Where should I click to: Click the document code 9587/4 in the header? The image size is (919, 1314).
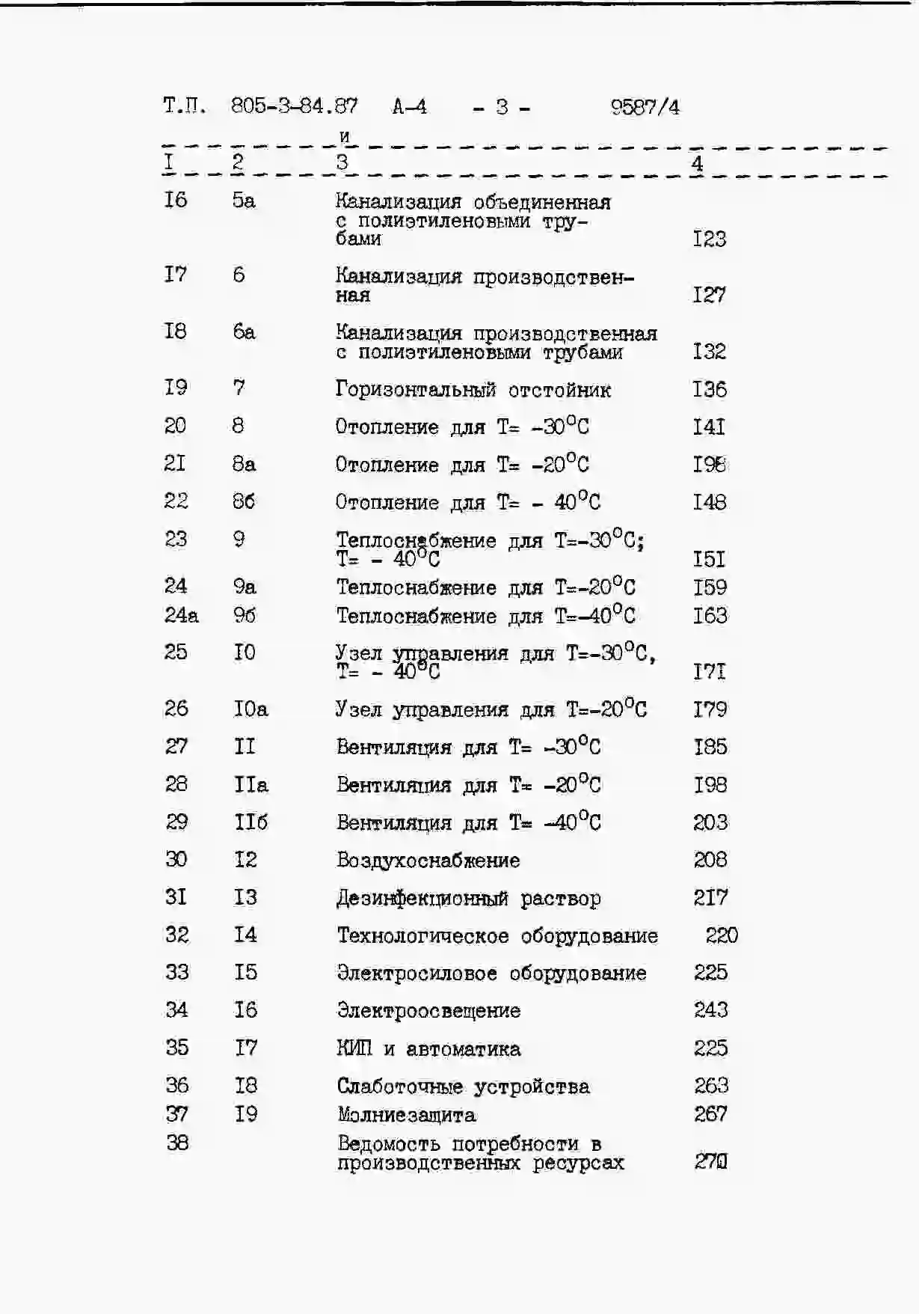[645, 107]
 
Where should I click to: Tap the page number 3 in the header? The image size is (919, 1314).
[502, 107]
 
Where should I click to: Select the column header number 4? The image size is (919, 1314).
[697, 163]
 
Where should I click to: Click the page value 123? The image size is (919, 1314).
[709, 239]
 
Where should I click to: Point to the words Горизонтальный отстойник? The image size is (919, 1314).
[473, 390]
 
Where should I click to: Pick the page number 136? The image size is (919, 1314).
[709, 389]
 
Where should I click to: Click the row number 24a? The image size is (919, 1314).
[181, 615]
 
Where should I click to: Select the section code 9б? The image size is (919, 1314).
[244, 615]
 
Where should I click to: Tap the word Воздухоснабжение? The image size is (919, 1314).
[428, 861]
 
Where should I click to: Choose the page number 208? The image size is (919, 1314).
[710, 860]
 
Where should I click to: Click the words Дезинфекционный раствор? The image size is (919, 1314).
[468, 898]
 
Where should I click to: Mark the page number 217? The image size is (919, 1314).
[710, 897]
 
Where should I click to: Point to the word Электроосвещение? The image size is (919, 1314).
[428, 1011]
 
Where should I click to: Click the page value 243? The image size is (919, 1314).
[710, 1010]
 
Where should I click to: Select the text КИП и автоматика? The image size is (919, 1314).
[428, 1049]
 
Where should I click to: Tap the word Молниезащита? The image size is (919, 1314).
[406, 1115]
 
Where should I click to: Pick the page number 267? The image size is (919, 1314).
[710, 1114]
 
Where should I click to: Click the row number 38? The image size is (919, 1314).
[177, 1143]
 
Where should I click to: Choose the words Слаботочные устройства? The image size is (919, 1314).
[463, 1087]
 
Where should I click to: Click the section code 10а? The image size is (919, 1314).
[250, 709]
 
